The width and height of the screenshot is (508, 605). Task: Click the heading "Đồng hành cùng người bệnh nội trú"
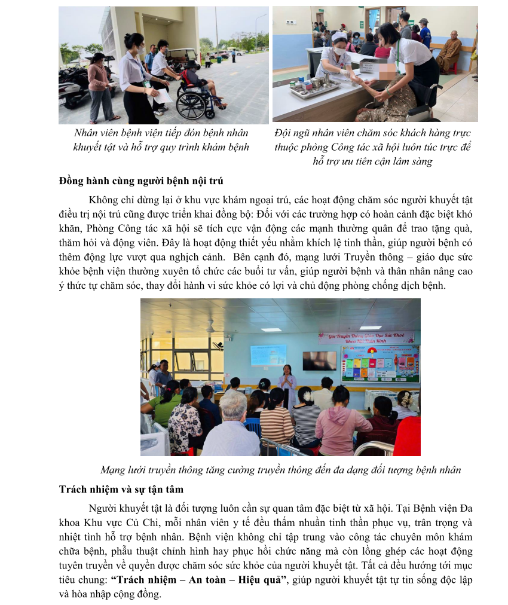point(141,181)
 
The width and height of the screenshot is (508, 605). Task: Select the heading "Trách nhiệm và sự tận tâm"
point(121,489)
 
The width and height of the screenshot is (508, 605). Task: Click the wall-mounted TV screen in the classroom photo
point(319,360)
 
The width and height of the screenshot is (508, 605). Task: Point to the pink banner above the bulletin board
point(366,338)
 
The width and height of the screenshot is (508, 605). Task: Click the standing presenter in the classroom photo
point(287,383)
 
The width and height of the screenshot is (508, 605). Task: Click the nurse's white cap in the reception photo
point(339,37)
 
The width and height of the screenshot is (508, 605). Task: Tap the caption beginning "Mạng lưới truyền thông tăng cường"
point(280,469)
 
